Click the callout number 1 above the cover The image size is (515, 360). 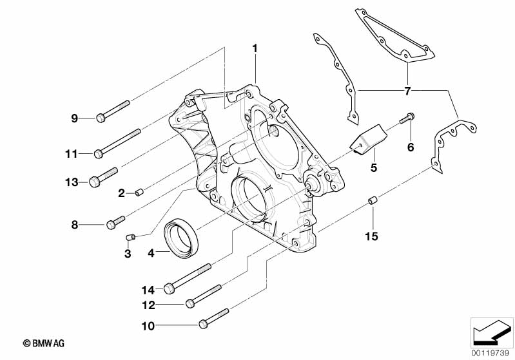[x=255, y=49]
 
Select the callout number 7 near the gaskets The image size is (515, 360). [x=407, y=91]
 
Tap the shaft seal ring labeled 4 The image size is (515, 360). [x=181, y=238]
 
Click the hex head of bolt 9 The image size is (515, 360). [x=101, y=118]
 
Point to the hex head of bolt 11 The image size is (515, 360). [x=98, y=153]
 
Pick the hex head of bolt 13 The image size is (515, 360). [x=95, y=182]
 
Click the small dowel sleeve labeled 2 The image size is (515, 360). [x=139, y=193]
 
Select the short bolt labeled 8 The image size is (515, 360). [x=115, y=222]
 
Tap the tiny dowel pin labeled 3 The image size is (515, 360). [x=130, y=236]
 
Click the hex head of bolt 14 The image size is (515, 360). [x=169, y=289]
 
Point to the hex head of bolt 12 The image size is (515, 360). [x=190, y=304]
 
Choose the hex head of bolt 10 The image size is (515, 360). [x=203, y=325]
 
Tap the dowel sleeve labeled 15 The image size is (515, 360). [x=373, y=200]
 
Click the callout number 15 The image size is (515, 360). [x=371, y=236]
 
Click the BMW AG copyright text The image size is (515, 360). [x=44, y=344]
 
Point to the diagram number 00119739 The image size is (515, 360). [x=491, y=354]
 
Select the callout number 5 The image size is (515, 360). [x=374, y=167]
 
